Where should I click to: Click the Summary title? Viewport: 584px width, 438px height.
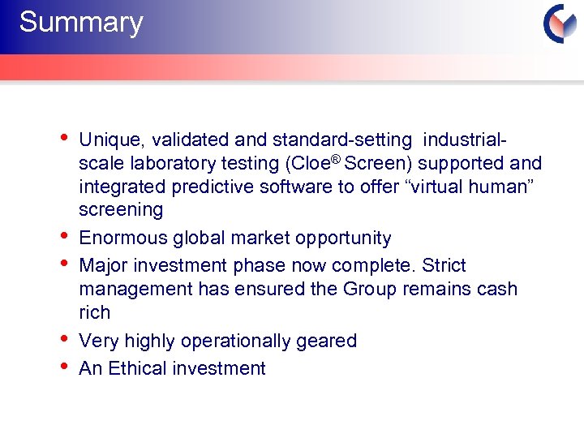tap(80, 23)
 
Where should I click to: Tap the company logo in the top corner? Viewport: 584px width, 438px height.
tap(560, 24)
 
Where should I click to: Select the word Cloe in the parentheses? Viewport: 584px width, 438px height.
tap(305, 163)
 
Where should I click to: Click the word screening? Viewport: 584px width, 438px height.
tap(121, 210)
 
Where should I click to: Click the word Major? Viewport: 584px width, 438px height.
tap(103, 266)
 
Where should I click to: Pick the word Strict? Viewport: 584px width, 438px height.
tap(445, 266)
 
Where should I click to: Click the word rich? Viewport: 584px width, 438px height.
tap(94, 312)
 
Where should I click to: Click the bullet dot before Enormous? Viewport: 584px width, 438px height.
tap(65, 236)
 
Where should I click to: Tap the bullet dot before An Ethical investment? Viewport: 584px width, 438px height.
tap(65, 366)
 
